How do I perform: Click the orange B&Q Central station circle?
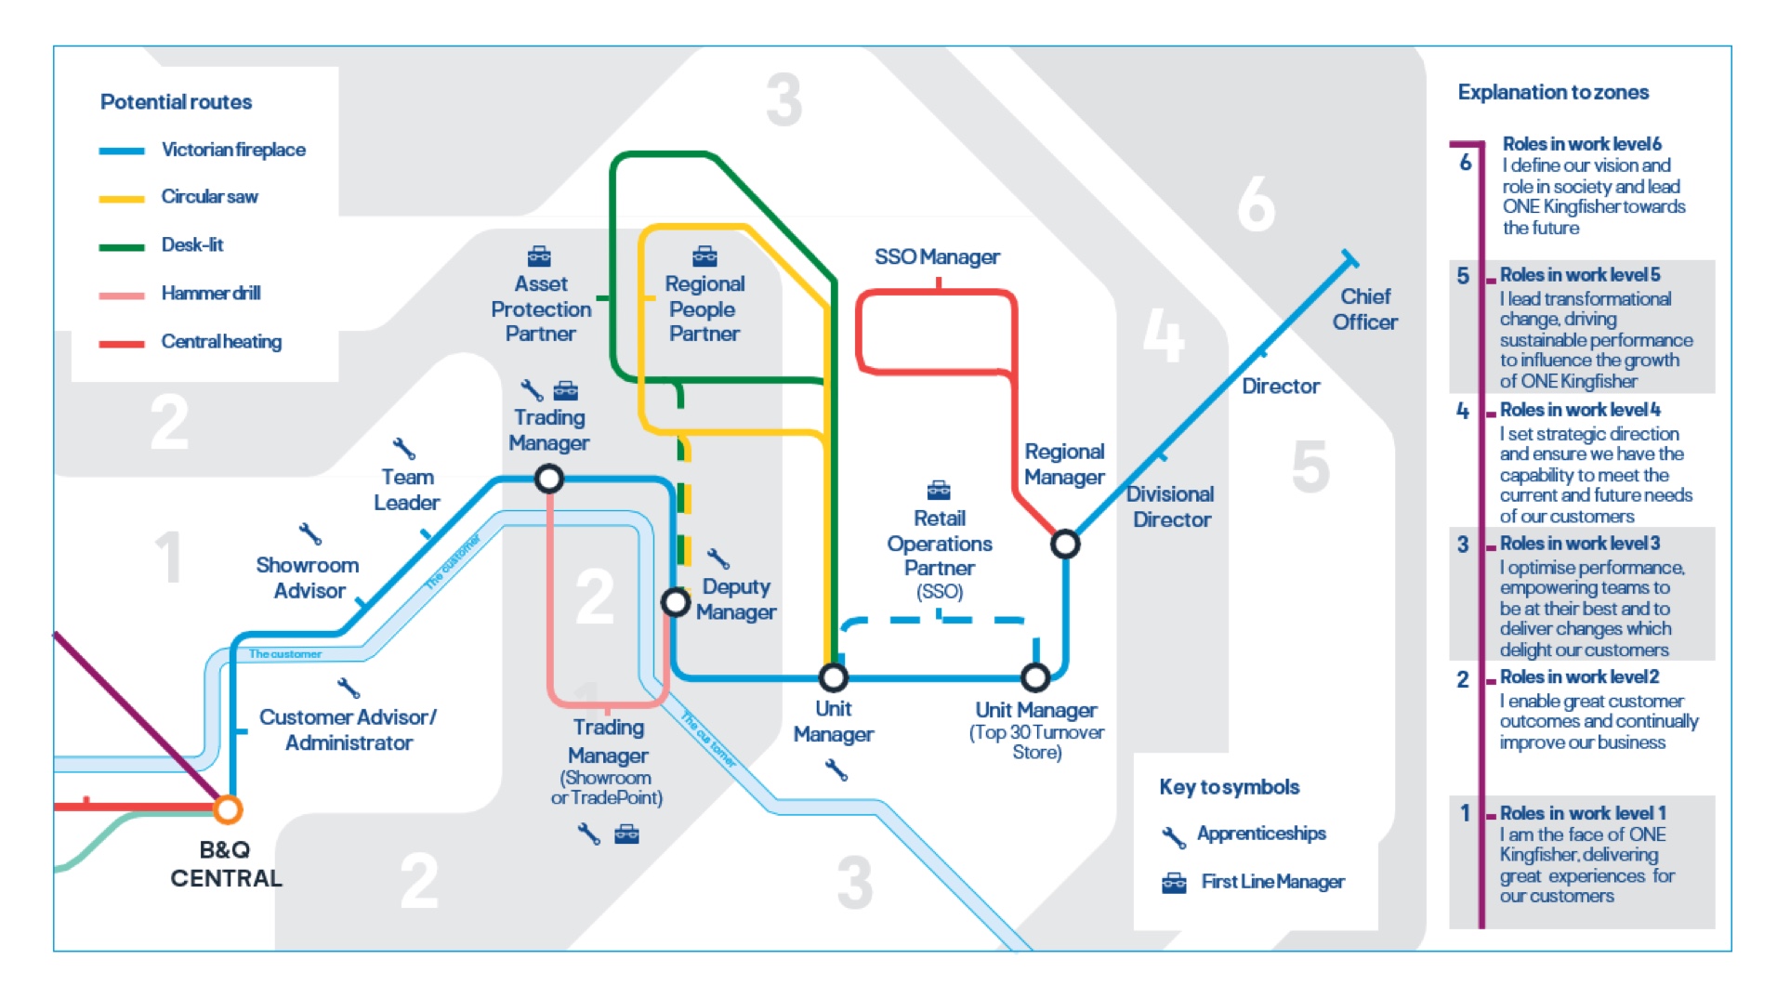click(x=227, y=809)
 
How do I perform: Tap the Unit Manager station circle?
click(x=833, y=677)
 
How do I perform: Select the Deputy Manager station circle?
click(x=676, y=602)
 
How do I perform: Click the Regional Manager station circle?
click(x=1065, y=544)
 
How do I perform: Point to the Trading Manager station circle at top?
click(x=548, y=479)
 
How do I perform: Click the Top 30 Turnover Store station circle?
click(x=1035, y=677)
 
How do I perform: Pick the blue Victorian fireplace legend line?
click(x=122, y=151)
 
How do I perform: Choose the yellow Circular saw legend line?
click(x=122, y=198)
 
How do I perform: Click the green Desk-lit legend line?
click(x=122, y=246)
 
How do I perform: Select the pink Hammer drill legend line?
click(x=122, y=295)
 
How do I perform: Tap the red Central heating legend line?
click(x=122, y=343)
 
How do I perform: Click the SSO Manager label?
click(x=937, y=256)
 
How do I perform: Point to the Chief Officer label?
click(x=1364, y=309)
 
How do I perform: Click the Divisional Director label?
click(x=1171, y=506)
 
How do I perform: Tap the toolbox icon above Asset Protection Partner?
click(x=539, y=256)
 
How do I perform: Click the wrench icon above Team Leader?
click(x=403, y=448)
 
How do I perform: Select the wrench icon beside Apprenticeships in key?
click(x=1174, y=836)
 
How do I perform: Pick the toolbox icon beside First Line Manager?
click(x=1174, y=883)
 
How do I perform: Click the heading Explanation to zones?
click(x=1552, y=92)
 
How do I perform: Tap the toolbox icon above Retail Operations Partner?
click(x=939, y=489)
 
